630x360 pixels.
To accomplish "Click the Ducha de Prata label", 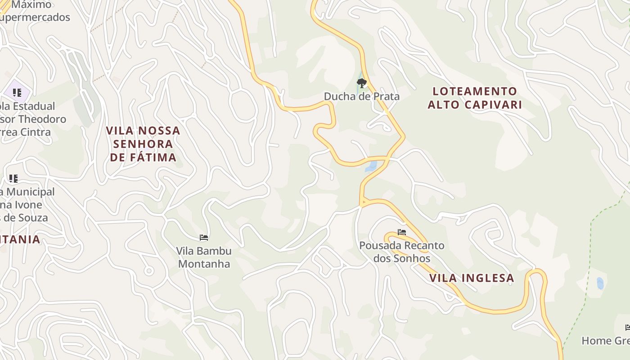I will click(x=361, y=96).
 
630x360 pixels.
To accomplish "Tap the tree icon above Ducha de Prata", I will click(x=361, y=83).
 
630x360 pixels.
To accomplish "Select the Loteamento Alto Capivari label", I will click(x=475, y=98).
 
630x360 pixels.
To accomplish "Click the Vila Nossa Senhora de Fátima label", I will click(x=143, y=144).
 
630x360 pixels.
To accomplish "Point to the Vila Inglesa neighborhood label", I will click(x=472, y=278).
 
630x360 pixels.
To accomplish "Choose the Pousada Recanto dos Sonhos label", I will click(x=401, y=252).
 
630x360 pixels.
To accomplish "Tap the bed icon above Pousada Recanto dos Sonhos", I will click(x=402, y=232).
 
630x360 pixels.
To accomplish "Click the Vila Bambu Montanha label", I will click(x=204, y=257).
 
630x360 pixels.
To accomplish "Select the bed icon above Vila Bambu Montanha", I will click(x=204, y=237).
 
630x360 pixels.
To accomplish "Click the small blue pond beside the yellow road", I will click(x=371, y=166).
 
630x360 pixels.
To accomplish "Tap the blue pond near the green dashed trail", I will click(x=600, y=283).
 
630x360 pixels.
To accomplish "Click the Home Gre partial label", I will click(x=605, y=341).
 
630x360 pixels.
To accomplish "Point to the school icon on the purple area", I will click(x=17, y=93).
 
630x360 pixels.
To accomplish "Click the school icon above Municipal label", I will click(x=13, y=178).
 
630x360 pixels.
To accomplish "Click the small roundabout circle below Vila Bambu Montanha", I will click(x=148, y=271).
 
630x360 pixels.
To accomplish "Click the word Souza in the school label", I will click(x=32, y=218).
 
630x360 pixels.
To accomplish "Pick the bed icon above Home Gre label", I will click(x=628, y=327).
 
